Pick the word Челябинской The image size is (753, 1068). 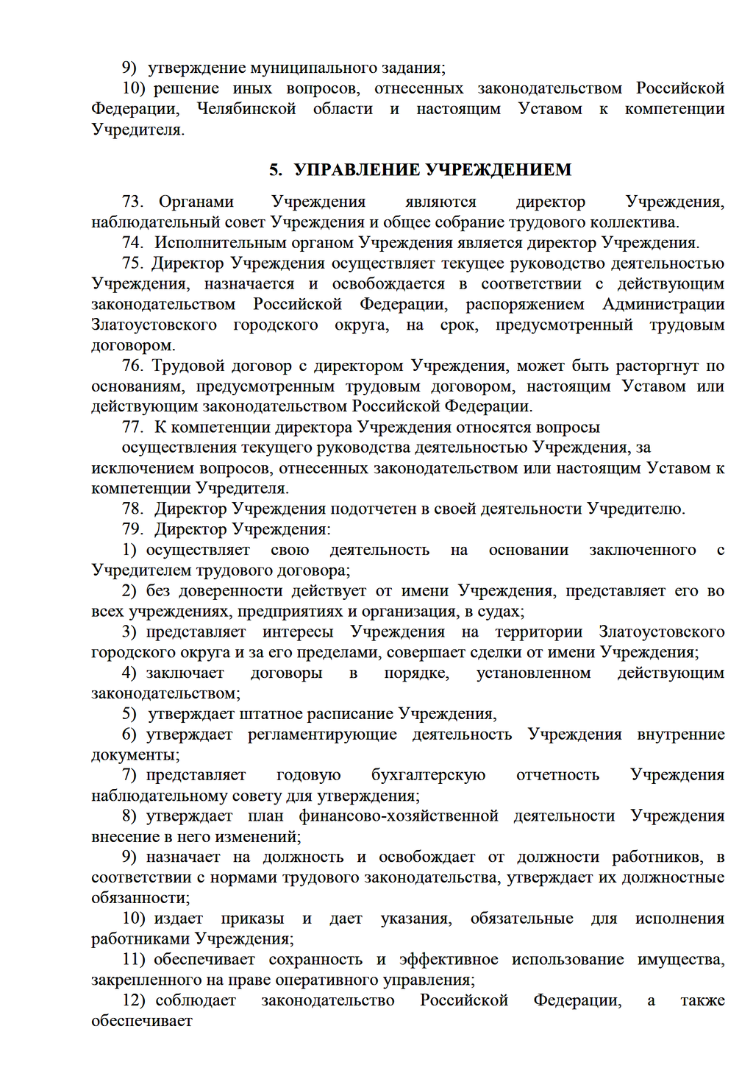pyautogui.click(x=246, y=109)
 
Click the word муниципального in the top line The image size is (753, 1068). pyautogui.click(x=296, y=68)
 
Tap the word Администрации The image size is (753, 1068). pyautogui.click(x=663, y=304)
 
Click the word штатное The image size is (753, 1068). pyautogui.click(x=270, y=714)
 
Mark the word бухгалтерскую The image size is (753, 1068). pyautogui.click(x=428, y=775)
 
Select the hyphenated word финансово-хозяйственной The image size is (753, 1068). pyautogui.click(x=398, y=816)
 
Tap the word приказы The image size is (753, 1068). pyautogui.click(x=252, y=919)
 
